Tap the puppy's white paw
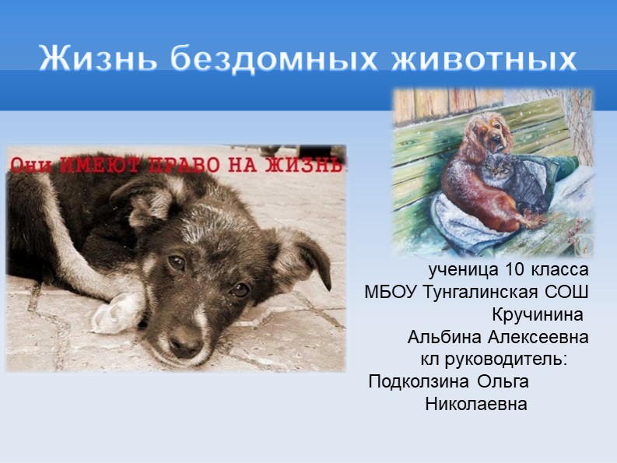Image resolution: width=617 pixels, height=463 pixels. pos(117,312)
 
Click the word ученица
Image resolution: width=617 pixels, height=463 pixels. pos(461,271)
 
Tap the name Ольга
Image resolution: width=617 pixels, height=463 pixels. pos(503,382)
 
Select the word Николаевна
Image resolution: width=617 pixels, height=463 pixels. pos(476,405)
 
